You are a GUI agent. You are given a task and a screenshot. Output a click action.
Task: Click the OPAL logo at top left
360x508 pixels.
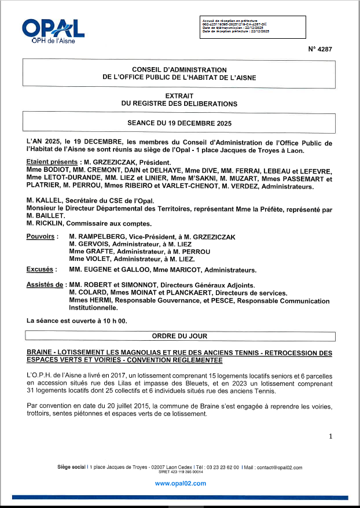click(53, 30)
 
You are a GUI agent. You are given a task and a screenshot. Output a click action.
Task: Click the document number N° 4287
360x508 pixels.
click(321, 50)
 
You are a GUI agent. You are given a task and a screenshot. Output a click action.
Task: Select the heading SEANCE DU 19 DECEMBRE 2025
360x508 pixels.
click(179, 123)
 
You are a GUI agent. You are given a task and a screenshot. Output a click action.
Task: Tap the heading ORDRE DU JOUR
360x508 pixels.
click(179, 336)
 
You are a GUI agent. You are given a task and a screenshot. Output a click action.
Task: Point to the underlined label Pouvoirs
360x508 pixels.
click(41, 237)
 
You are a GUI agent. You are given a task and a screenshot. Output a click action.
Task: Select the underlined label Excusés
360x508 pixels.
click(40, 270)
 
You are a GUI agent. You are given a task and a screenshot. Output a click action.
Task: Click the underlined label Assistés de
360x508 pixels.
click(45, 285)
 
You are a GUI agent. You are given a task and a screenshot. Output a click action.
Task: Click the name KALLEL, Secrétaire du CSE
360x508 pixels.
click(48, 200)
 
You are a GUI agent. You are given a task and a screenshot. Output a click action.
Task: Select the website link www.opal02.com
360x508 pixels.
click(180, 484)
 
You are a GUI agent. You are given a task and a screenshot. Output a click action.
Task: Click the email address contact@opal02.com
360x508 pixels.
click(280, 467)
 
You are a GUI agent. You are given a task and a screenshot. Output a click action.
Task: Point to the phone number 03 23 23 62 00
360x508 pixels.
click(221, 467)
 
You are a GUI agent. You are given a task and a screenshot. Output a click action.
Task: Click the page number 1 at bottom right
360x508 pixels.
click(330, 436)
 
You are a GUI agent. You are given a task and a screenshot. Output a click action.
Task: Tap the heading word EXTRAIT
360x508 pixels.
click(179, 95)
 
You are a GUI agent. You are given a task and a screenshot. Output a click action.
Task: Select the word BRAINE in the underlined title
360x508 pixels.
click(41, 352)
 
